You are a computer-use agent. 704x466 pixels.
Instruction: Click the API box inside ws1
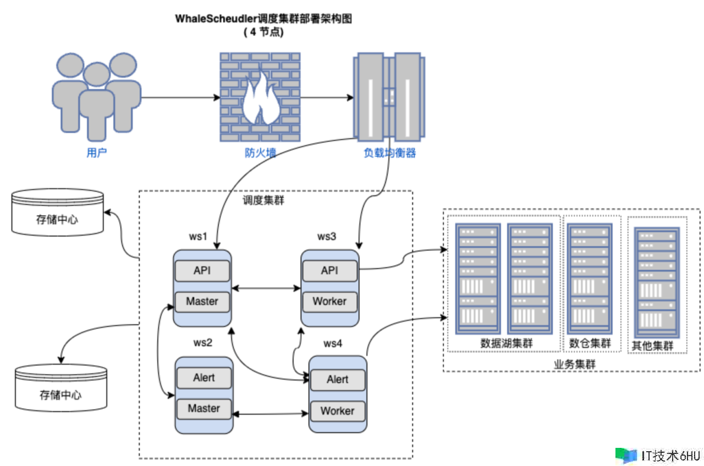pyautogui.click(x=202, y=270)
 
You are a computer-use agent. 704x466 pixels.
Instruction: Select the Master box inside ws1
pyautogui.click(x=202, y=301)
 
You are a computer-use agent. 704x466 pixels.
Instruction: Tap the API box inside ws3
pyautogui.click(x=329, y=270)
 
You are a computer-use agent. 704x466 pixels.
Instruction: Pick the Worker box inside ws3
pyautogui.click(x=329, y=301)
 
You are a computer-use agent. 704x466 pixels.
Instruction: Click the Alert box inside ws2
pyautogui.click(x=204, y=378)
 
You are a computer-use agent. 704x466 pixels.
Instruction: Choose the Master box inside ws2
pyautogui.click(x=204, y=408)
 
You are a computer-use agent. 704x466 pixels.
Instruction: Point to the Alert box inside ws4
pyautogui.click(x=337, y=379)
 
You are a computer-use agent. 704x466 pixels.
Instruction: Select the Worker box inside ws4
pyautogui.click(x=337, y=410)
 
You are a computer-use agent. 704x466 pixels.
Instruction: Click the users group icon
pyautogui.click(x=97, y=96)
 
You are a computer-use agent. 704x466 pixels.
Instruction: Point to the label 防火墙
pyautogui.click(x=260, y=153)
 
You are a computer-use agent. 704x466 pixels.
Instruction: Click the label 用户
pyautogui.click(x=96, y=153)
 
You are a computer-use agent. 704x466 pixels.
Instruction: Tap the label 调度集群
pyautogui.click(x=263, y=201)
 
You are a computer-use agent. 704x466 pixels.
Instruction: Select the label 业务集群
pyautogui.click(x=574, y=364)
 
